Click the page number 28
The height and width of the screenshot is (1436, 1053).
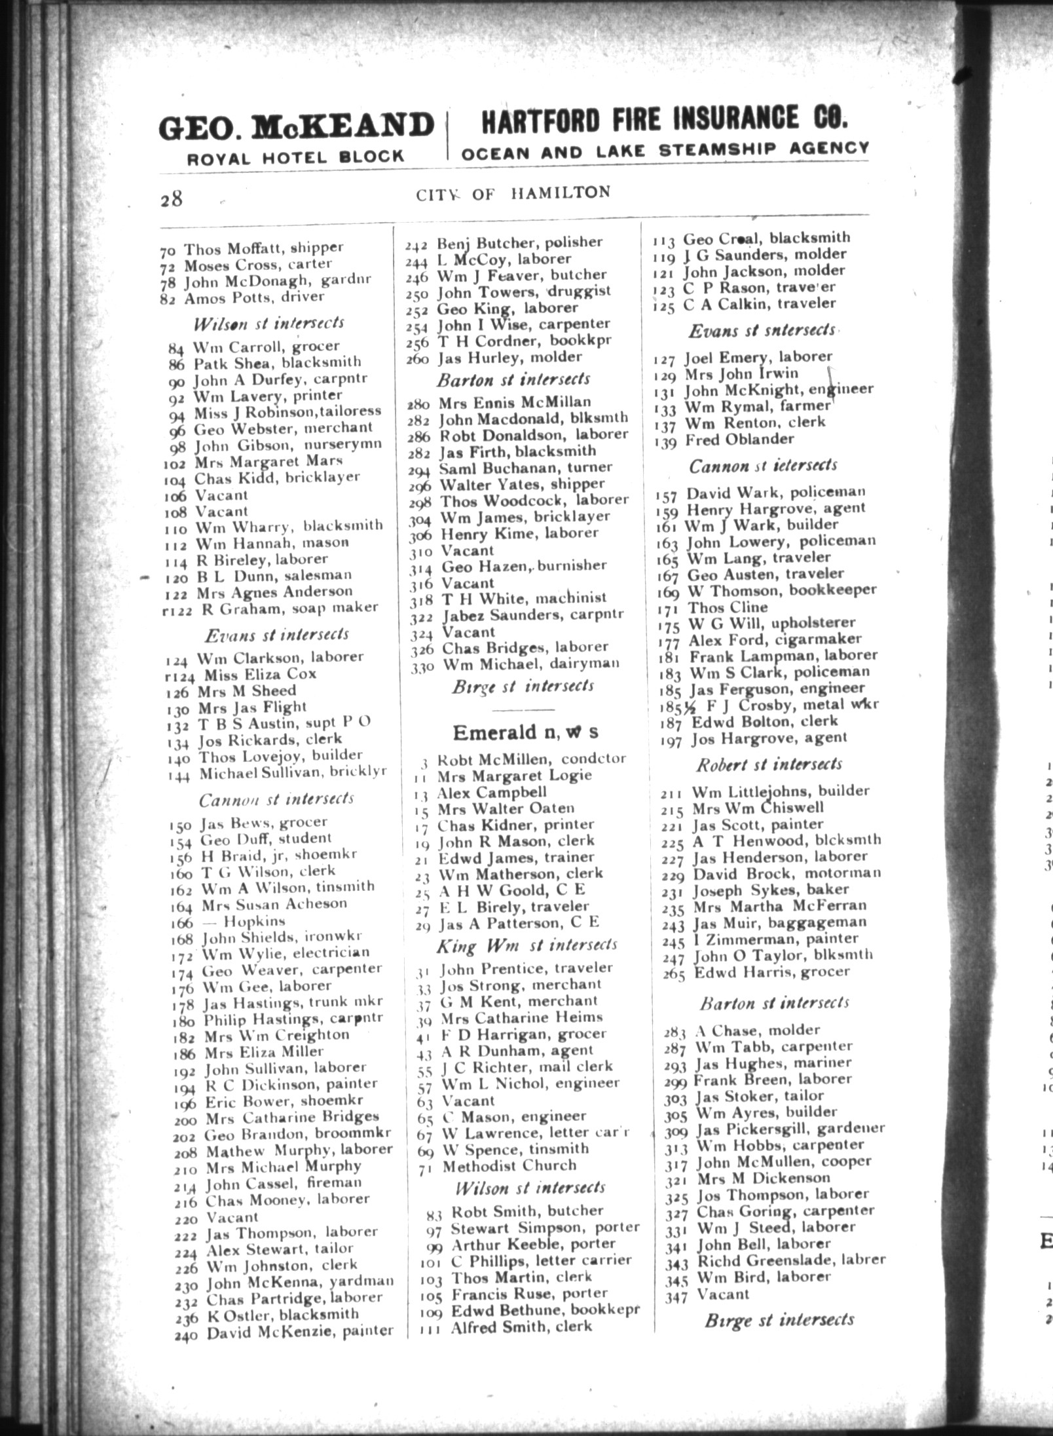[x=171, y=198]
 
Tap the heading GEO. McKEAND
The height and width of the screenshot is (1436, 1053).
[x=296, y=126]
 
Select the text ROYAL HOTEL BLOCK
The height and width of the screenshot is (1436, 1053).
[x=296, y=157]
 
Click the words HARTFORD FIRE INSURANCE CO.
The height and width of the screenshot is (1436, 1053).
[x=665, y=119]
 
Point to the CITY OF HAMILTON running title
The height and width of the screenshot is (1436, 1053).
[x=512, y=193]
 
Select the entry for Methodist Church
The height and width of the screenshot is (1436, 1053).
[x=508, y=1165]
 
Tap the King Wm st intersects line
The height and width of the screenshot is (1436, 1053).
[x=526, y=945]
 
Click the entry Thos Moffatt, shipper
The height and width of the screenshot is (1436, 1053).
[x=262, y=248]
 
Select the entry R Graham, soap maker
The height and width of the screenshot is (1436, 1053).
[x=289, y=608]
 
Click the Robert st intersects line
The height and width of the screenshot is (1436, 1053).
[x=769, y=765]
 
